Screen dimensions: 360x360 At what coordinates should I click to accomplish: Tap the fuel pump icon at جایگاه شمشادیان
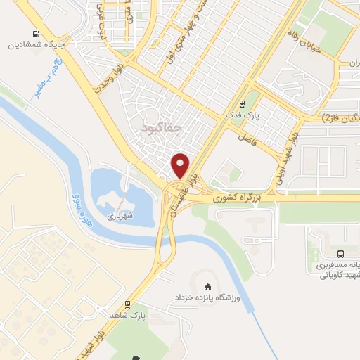(35, 34)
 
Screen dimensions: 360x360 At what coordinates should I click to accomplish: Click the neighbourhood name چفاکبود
(161, 128)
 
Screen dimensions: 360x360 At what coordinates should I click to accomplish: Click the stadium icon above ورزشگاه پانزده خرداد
(207, 287)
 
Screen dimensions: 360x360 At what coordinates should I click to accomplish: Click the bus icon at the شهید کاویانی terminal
(341, 254)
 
